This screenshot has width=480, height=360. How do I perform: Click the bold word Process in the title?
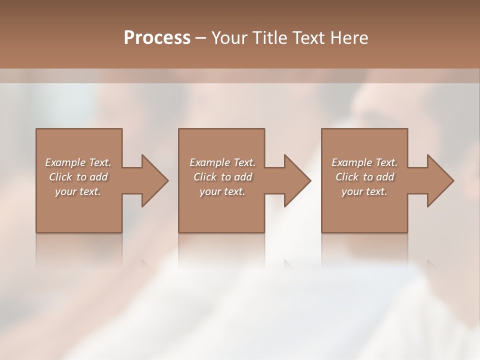[x=157, y=38]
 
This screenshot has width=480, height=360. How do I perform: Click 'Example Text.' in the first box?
[x=78, y=162]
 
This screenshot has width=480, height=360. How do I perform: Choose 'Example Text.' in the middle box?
[x=222, y=162]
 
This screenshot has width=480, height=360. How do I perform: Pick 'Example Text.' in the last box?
[x=364, y=162]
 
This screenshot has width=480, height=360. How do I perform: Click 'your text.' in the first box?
[x=78, y=191]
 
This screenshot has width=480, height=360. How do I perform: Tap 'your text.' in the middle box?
[x=222, y=191]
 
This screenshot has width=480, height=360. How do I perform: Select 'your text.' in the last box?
[x=364, y=191]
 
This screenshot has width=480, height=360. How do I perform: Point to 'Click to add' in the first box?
[x=78, y=177]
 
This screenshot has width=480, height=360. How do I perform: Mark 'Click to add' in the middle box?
[x=222, y=177]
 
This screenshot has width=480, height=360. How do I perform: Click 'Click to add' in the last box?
[x=364, y=177]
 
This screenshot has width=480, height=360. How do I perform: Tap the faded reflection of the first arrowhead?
[x=148, y=263]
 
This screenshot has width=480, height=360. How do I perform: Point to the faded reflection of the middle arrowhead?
[x=290, y=263]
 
